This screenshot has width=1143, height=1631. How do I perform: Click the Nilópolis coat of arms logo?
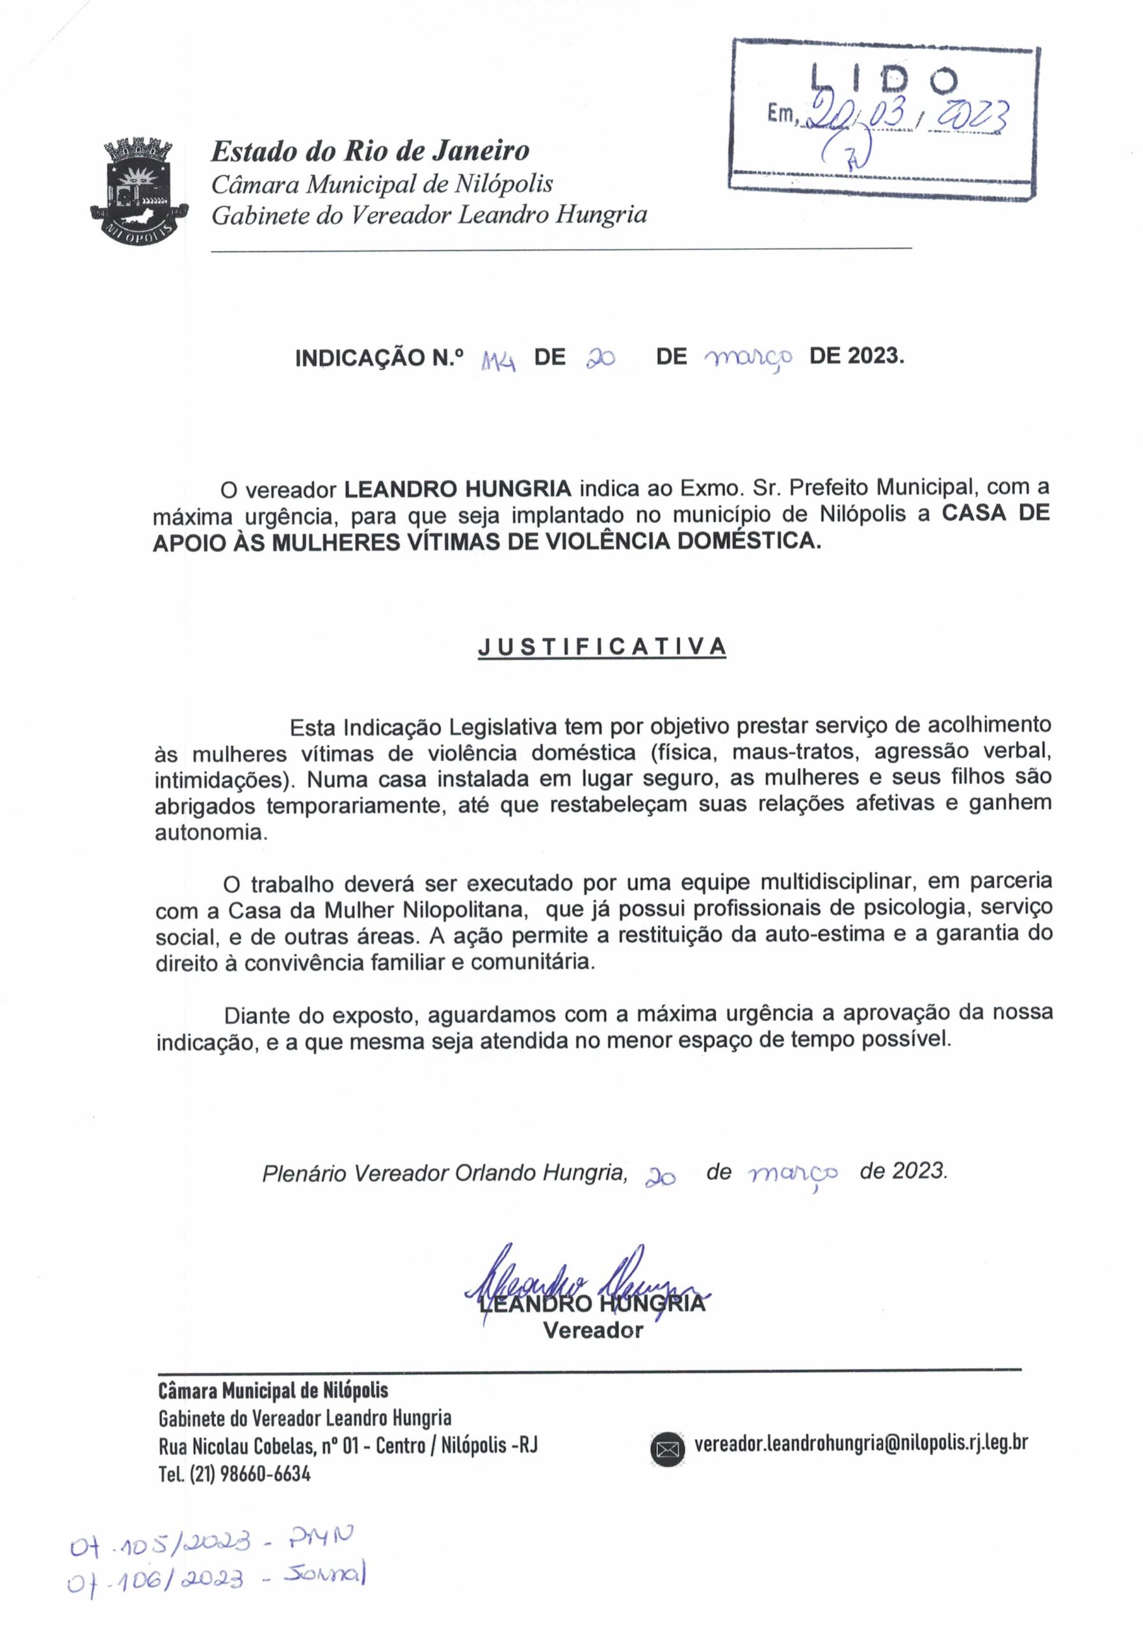point(140,192)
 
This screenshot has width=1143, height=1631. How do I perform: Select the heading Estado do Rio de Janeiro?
point(370,151)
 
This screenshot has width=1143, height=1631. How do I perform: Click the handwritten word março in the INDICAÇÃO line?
point(747,359)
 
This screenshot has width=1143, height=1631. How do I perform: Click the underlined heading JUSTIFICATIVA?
point(601,647)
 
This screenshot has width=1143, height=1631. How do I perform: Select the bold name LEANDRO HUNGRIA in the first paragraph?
point(458,489)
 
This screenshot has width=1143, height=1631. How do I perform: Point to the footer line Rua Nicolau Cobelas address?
point(348,1446)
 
